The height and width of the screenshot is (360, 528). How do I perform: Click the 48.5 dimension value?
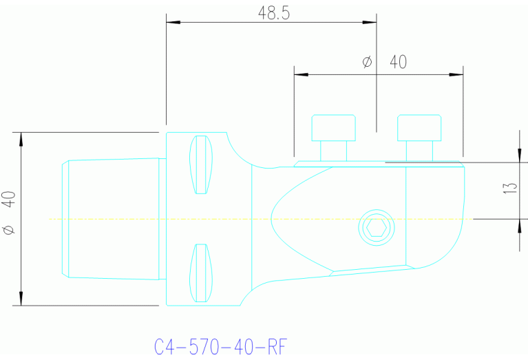(x=273, y=14)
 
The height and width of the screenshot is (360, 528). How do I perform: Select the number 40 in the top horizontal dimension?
(x=398, y=62)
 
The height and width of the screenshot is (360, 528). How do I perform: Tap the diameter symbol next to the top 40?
(x=367, y=63)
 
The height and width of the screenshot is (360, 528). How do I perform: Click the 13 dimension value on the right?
(x=510, y=188)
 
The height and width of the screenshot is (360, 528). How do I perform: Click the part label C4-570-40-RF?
(x=218, y=346)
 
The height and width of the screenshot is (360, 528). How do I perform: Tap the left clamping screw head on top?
(x=334, y=128)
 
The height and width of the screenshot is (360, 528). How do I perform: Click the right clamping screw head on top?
(x=419, y=128)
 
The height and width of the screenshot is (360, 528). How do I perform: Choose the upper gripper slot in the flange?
(x=200, y=165)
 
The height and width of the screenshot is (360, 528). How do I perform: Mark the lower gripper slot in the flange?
(x=200, y=273)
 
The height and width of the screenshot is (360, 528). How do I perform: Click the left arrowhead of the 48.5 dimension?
(x=173, y=23)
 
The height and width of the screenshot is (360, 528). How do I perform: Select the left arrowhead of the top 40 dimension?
(x=300, y=74)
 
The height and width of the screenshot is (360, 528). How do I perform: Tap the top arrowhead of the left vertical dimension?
(x=21, y=138)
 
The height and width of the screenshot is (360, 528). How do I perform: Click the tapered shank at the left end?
(x=114, y=218)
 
